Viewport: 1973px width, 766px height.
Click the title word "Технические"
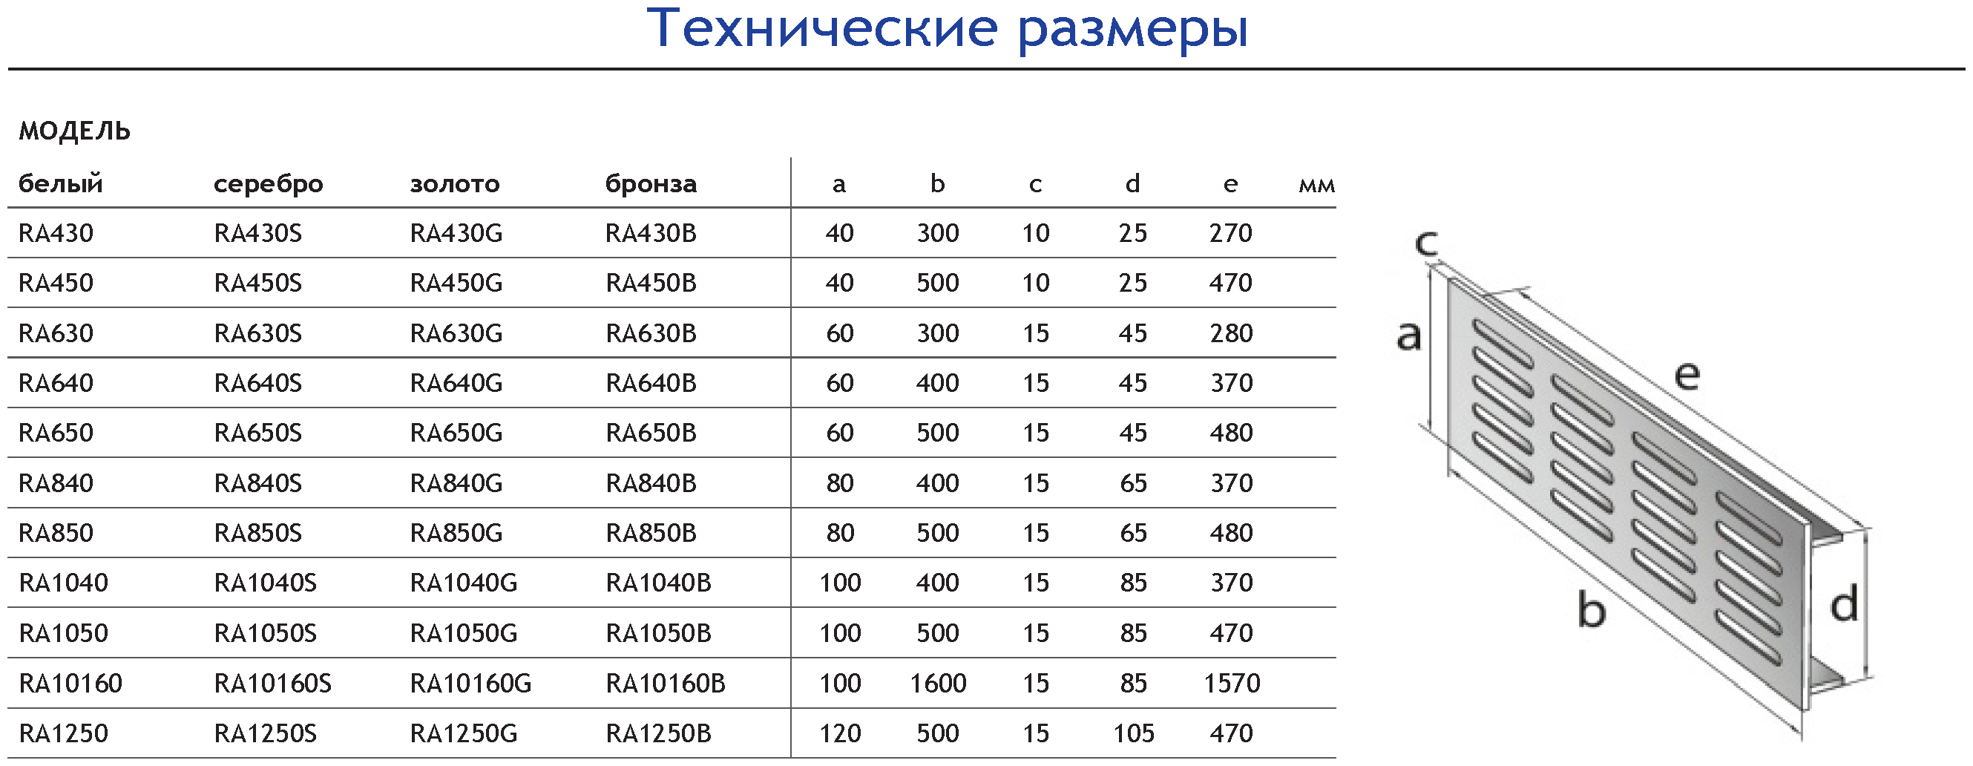tap(823, 28)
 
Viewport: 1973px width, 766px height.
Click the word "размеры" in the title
tap(1134, 30)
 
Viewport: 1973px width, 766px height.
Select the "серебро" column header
tap(268, 185)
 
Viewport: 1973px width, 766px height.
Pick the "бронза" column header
tap(651, 185)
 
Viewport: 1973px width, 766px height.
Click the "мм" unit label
tap(1316, 186)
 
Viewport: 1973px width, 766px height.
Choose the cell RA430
tap(56, 234)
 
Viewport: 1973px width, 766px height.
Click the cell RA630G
tap(456, 334)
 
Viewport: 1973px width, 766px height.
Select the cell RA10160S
tap(272, 684)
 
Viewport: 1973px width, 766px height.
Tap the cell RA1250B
tap(659, 734)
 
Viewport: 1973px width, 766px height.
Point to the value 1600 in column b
tap(937, 684)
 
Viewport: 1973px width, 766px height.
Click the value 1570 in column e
tap(1232, 684)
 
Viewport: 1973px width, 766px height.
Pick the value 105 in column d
tap(1133, 734)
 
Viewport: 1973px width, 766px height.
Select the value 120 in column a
tap(840, 734)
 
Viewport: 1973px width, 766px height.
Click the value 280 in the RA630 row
tap(1232, 334)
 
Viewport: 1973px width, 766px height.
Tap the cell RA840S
tap(258, 483)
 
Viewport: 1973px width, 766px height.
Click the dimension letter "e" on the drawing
tap(1687, 376)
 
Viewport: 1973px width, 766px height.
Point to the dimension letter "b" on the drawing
tap(1592, 611)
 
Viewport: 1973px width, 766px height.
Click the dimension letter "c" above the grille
tap(1426, 243)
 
